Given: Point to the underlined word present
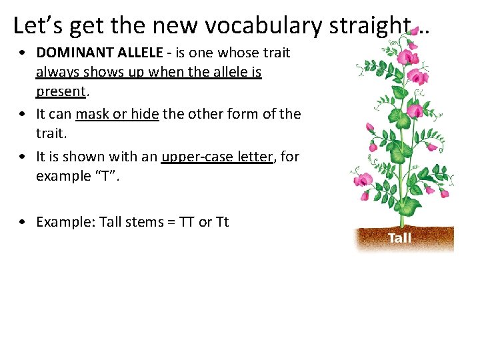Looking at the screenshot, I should [x=61, y=91].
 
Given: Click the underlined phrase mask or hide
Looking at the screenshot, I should [x=117, y=114].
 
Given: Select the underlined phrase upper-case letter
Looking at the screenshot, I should [x=217, y=157].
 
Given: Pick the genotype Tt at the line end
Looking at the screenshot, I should [x=222, y=222].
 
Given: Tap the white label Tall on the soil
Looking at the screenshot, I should [x=399, y=238].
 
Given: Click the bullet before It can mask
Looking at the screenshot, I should [x=23, y=115].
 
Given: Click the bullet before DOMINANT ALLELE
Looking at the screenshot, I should [x=23, y=53].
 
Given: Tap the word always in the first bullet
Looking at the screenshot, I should [x=56, y=71].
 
